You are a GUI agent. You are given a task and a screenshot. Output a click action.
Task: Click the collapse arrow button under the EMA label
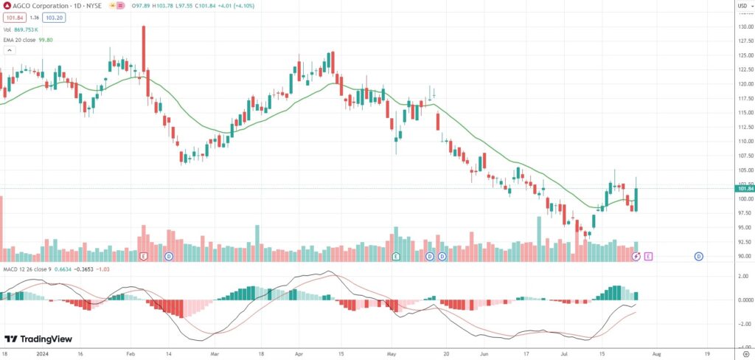pos(10,50)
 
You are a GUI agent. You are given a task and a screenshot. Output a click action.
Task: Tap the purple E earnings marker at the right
pos(648,256)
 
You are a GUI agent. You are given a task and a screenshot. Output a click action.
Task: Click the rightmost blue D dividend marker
pos(698,256)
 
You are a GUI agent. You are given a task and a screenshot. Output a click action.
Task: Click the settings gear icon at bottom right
pos(745,354)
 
